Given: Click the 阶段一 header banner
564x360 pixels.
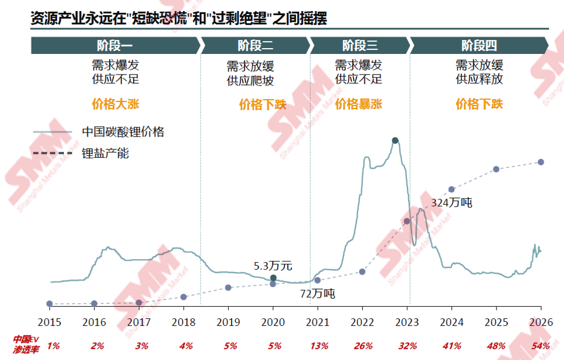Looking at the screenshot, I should coord(115,45).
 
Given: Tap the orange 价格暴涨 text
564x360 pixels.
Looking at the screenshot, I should coord(359,104).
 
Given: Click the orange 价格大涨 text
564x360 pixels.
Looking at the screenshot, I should coord(115,104).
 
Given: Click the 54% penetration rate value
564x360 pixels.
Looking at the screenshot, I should coord(541,345).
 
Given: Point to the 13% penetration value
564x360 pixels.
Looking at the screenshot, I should coord(318,345).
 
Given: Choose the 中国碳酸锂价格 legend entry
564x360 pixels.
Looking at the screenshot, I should coord(123,132).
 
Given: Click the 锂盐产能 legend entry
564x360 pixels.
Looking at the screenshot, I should coord(106,154).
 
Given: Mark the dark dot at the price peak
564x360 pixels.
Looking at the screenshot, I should coord(395,140).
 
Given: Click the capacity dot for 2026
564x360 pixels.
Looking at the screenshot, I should coord(541,162).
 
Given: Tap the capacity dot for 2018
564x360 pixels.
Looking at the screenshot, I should coord(184,297).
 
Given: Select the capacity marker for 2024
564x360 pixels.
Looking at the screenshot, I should coord(451,189).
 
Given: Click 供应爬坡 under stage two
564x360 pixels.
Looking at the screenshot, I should coord(250,81).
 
